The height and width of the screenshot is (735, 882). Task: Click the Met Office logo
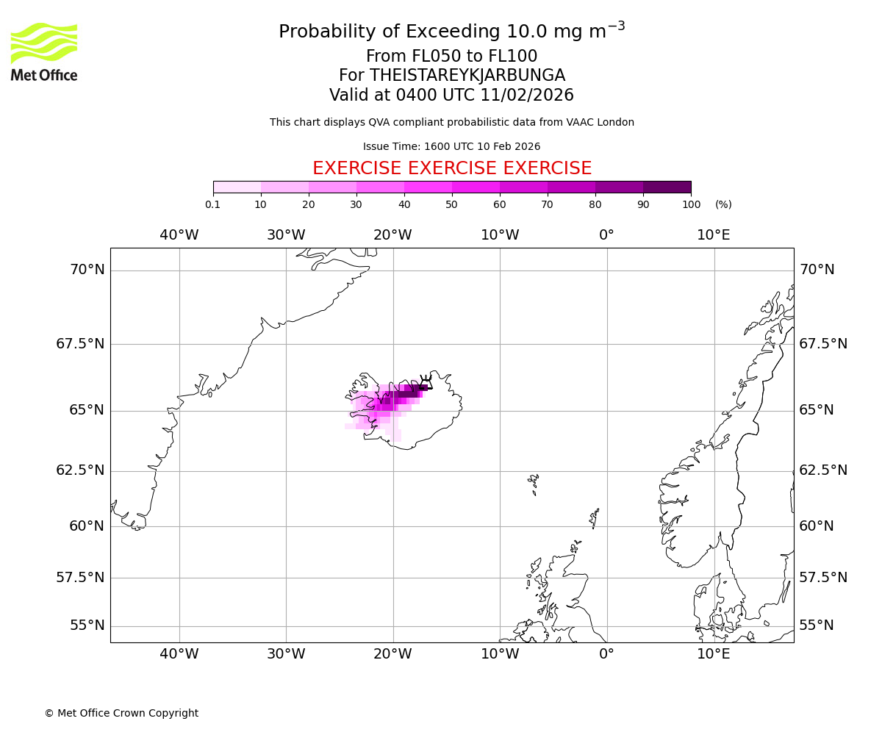click(44, 51)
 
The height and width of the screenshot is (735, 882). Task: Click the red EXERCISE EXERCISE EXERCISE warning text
click(452, 168)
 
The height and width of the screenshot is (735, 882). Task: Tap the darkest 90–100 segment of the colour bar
click(667, 187)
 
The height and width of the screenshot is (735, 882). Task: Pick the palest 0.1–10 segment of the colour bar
click(237, 187)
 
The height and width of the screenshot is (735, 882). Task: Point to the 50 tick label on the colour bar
click(452, 204)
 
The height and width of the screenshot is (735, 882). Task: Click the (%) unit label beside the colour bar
click(723, 204)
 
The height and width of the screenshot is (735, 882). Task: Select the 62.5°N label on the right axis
click(823, 470)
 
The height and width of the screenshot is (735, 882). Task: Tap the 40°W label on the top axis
click(179, 235)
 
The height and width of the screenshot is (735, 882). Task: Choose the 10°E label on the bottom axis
click(714, 654)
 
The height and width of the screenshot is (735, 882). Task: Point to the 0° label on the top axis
click(606, 235)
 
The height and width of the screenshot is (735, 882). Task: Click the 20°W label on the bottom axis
click(392, 654)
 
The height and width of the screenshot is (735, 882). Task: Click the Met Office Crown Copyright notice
click(121, 713)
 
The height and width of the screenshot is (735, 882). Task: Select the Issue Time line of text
click(452, 146)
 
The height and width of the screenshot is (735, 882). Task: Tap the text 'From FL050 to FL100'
click(452, 57)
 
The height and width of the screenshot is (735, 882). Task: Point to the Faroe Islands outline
click(534, 483)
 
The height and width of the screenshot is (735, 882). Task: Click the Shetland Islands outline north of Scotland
click(595, 517)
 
